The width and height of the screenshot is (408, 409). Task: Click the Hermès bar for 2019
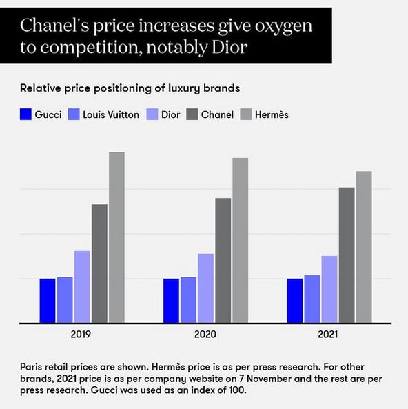[x=116, y=237]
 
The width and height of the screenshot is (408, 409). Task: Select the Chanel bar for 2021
[x=347, y=255]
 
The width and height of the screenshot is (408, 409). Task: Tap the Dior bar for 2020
[x=206, y=288]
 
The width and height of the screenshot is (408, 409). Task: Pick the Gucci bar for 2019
[x=48, y=300]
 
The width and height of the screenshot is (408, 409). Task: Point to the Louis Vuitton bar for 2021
[x=312, y=299]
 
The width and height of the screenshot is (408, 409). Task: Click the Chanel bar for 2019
[x=99, y=263]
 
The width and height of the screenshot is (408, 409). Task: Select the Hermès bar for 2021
[x=364, y=246]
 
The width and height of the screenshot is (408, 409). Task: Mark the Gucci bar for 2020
[x=171, y=300]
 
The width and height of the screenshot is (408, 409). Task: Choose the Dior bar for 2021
[x=329, y=289]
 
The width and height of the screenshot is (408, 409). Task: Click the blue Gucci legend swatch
[x=26, y=114]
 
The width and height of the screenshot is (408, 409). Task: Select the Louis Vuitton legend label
[x=110, y=114]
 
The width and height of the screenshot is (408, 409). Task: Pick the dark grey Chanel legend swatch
[x=191, y=114]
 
